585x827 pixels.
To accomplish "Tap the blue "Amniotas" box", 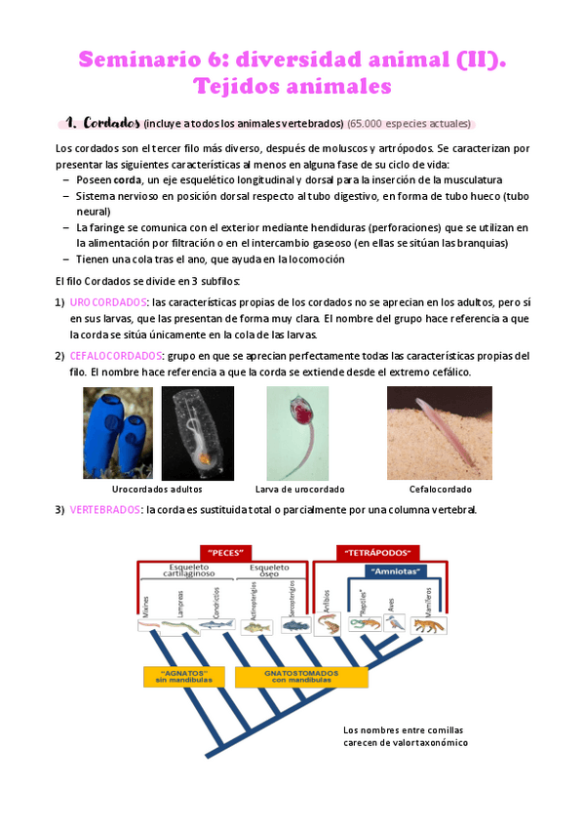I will (395, 572).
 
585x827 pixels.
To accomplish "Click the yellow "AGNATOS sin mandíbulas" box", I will (175, 675).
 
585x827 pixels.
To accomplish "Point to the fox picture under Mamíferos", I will (428, 624).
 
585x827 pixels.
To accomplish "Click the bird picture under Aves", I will (394, 624).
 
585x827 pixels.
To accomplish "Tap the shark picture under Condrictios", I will (216, 625).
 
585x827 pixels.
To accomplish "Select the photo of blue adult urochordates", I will (117, 432).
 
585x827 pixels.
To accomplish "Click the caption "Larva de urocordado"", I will (300, 489).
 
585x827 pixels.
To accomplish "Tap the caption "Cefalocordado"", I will (440, 489).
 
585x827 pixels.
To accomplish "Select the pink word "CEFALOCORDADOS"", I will (116, 356).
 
